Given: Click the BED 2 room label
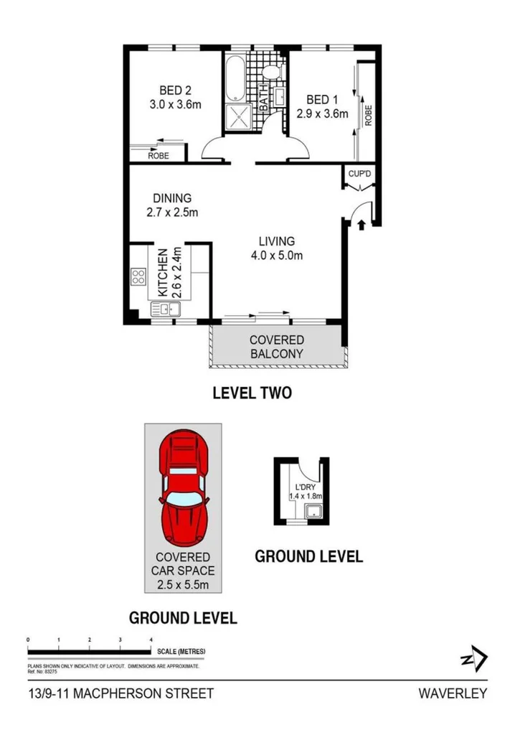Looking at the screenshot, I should pos(175,90).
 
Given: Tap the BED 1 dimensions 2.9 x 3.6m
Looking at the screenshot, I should pos(322,113).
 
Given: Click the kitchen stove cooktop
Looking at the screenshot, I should pos(138,276).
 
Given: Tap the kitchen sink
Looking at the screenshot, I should pos(166,309).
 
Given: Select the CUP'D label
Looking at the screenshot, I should pos(359,174).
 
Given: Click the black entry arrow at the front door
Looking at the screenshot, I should pos(361,225).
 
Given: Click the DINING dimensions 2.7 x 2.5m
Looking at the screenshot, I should pos(171,212).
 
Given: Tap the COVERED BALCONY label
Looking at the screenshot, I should pos(276,347).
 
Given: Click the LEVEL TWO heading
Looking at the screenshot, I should pos(251,393).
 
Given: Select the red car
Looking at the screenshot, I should pos(184,487).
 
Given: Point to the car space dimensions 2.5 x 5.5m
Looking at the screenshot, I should pos(184,586).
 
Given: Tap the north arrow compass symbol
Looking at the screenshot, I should pos(473,659).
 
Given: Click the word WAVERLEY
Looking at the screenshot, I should pos(453,693).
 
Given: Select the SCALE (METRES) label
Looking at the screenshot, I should pos(179,652).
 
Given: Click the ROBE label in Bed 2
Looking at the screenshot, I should pos(158,155).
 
